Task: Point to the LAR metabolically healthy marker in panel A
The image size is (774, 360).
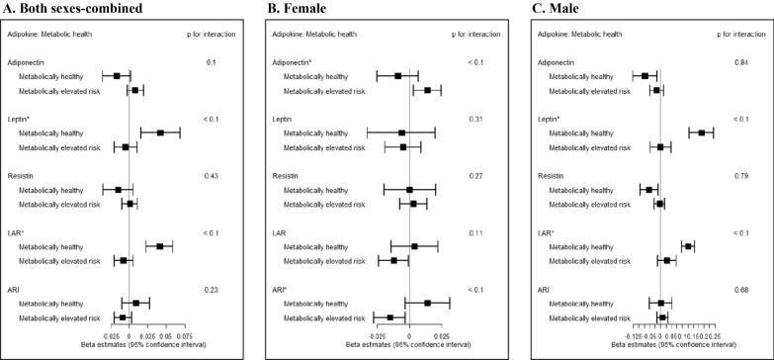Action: pos(159,246)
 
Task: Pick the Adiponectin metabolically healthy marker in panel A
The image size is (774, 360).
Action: pos(117,75)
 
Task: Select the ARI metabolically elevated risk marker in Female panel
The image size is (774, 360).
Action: pos(389,317)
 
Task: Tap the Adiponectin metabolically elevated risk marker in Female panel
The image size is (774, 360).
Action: pos(427,90)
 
